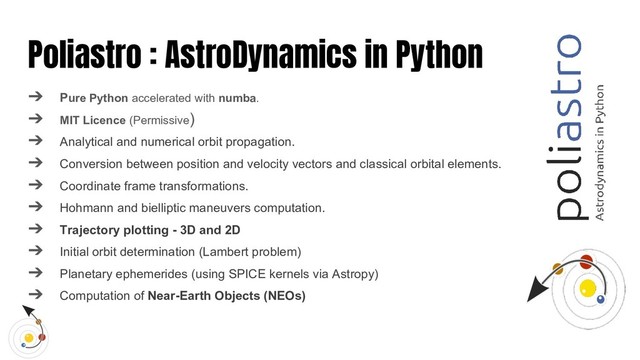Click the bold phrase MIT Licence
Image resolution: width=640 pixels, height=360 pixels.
click(91, 120)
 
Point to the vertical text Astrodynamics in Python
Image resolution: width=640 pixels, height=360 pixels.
click(601, 150)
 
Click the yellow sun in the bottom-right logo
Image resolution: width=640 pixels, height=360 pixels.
click(589, 290)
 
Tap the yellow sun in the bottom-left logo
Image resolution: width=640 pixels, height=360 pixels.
click(30, 338)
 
